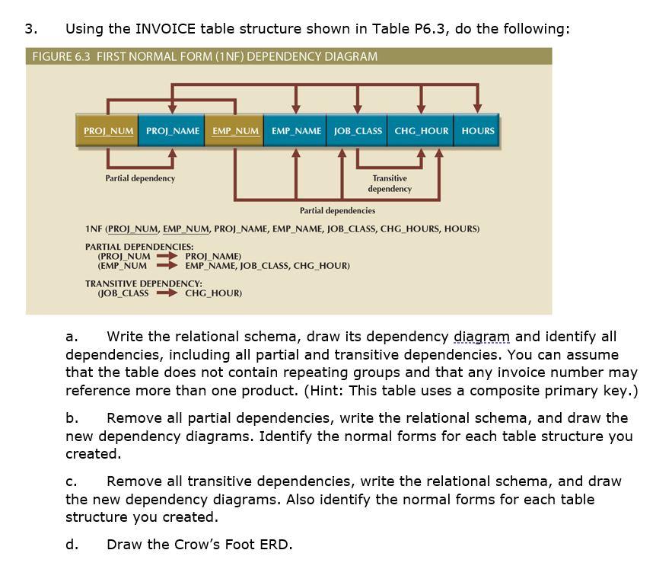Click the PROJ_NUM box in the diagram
[x=109, y=131]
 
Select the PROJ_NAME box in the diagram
[x=173, y=131]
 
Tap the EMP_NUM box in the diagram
[x=236, y=131]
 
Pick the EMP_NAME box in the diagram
[x=296, y=131]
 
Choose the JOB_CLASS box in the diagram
[x=358, y=131]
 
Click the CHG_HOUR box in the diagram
[x=421, y=131]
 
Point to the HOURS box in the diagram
[x=478, y=131]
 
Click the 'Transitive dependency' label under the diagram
[x=390, y=184]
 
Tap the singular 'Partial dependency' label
[x=140, y=178]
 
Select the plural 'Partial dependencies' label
[x=337, y=210]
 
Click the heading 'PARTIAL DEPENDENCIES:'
[x=139, y=247]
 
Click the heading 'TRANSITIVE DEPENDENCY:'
[x=143, y=283]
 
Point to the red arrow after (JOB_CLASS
[x=167, y=293]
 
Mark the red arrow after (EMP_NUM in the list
[x=167, y=266]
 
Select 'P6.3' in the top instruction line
[x=432, y=29]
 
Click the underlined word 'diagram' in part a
[x=482, y=337]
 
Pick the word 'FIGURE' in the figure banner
[x=48, y=56]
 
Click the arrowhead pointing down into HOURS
[x=477, y=107]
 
